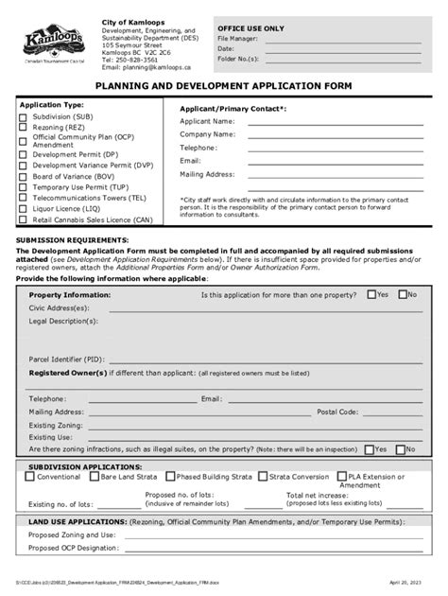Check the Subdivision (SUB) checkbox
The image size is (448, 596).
[23, 117]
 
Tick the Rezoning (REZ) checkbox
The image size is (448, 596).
[23, 128]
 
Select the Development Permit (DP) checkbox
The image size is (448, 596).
[23, 153]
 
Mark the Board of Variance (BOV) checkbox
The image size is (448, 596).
[23, 176]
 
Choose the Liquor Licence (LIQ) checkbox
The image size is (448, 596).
[23, 208]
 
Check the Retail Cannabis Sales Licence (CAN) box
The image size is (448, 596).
[23, 219]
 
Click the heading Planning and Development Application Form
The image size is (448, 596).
[224, 86]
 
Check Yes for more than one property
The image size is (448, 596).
[371, 294]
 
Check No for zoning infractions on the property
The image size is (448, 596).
[400, 449]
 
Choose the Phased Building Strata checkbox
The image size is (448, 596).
[170, 477]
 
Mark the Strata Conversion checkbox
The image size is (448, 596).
[263, 477]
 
